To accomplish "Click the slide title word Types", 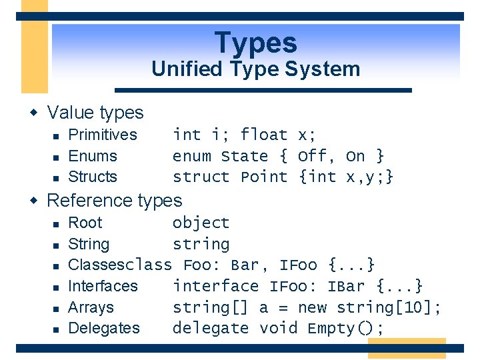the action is (256, 43).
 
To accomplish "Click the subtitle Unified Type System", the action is (256, 69).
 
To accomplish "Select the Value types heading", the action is (95, 113).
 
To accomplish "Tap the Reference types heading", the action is (114, 200).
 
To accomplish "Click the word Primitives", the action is (103, 135).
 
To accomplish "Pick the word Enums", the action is (93, 156).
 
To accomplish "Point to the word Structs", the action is (93, 177).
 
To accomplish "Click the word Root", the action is (85, 223).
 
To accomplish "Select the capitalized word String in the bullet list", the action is (89, 244).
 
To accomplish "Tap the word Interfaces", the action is (103, 286).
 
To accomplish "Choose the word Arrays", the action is (91, 307).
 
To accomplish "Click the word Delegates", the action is (104, 328).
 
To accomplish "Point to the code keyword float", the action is (264, 135).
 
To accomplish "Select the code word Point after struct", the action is (264, 177).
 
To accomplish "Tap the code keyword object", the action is (201, 223).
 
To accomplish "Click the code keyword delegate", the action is (210, 328).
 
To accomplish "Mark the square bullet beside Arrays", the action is (57, 308).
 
